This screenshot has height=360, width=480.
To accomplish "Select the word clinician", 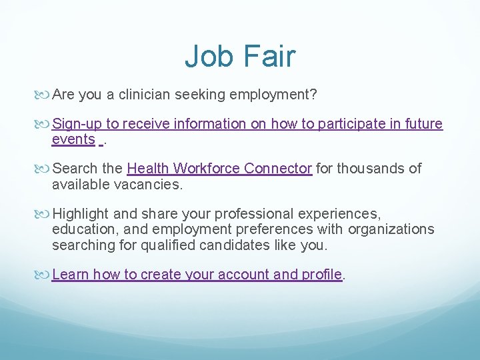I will (145, 95).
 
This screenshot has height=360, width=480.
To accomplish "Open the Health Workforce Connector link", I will (219, 169).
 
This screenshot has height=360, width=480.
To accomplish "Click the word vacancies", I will (150, 184).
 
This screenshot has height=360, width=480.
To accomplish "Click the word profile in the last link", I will (323, 275).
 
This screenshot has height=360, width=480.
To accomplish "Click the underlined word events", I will (73, 139).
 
